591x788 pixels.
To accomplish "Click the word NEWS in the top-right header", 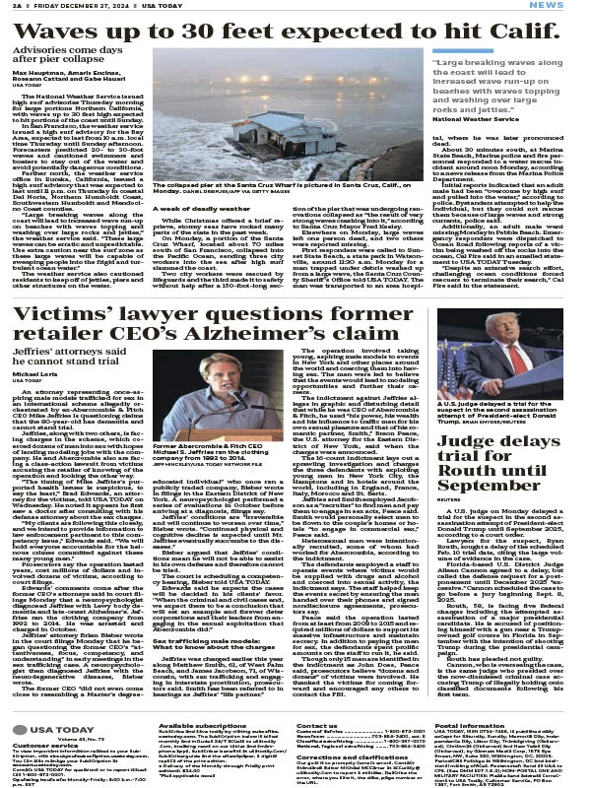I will click(x=569, y=6).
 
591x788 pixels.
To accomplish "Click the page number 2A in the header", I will click(x=14, y=6).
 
